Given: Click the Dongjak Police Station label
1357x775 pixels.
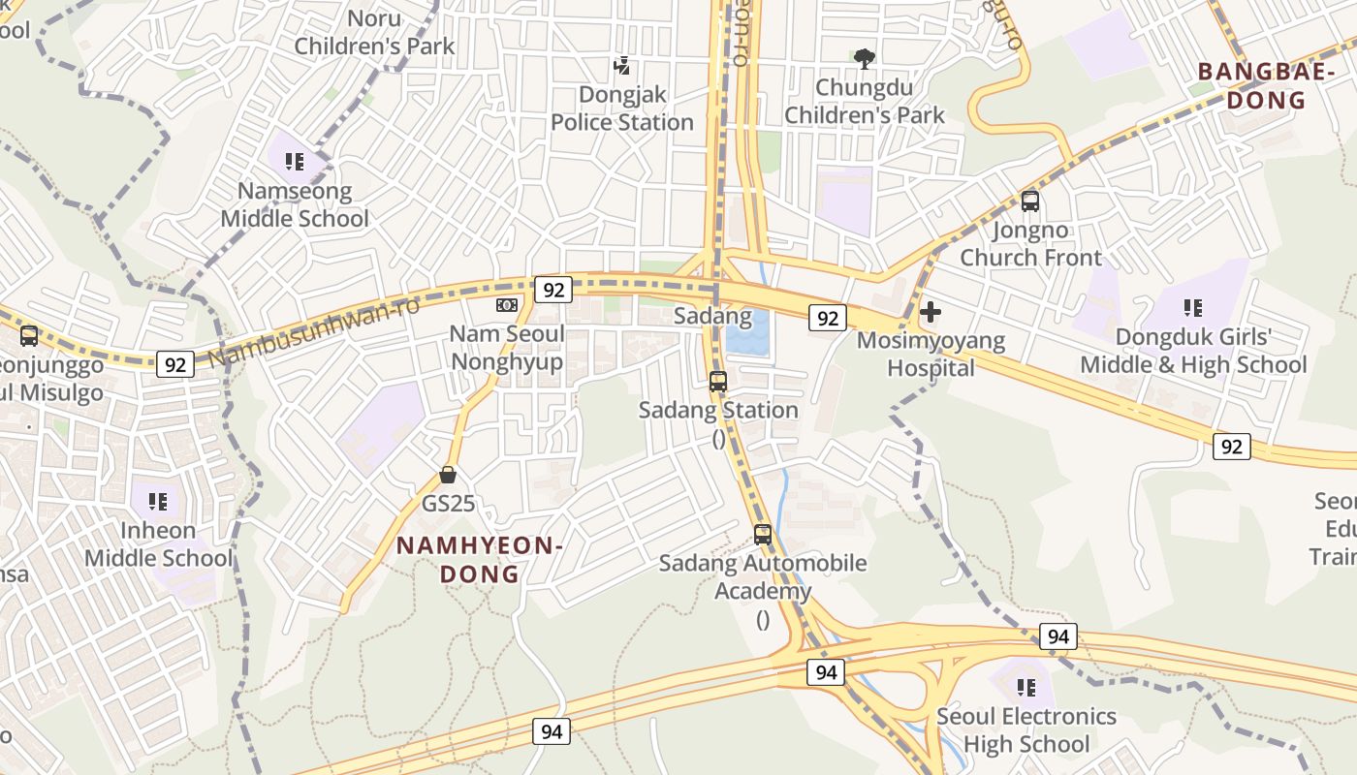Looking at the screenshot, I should click(x=622, y=108).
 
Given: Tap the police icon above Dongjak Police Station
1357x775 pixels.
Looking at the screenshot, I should click(x=622, y=66).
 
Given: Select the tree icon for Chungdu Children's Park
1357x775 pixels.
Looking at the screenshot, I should click(x=864, y=59).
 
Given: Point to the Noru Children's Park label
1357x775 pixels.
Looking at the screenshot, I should click(x=374, y=32).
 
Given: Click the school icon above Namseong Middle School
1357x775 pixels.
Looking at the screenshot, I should click(x=295, y=162).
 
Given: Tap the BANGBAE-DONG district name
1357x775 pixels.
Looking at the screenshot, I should click(x=1252, y=85).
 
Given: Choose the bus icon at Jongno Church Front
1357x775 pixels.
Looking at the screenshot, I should click(x=1030, y=201).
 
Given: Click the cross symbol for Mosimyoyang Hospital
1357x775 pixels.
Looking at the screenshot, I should click(x=930, y=312).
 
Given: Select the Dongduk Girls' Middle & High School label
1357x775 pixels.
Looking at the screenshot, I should click(x=1193, y=351).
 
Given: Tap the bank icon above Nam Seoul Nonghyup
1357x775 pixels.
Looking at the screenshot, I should click(x=507, y=305).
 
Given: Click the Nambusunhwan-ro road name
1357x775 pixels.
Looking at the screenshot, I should click(x=314, y=331).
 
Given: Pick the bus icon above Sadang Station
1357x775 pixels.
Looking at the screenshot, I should click(x=718, y=382).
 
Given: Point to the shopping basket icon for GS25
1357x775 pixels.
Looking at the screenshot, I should click(x=448, y=475).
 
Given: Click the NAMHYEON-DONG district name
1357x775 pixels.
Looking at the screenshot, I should click(x=480, y=559).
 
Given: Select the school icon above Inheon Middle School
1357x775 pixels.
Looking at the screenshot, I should click(x=158, y=502).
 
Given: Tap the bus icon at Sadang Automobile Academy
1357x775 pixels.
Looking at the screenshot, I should click(x=763, y=534).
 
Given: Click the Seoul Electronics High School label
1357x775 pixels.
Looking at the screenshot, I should click(x=1026, y=730).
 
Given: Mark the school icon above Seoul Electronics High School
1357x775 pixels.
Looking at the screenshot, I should click(x=1026, y=688).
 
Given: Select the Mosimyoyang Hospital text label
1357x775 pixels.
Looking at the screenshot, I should click(x=931, y=355).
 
